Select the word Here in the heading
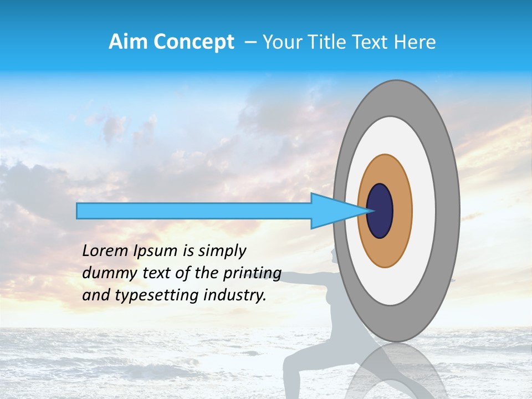(x=415, y=42)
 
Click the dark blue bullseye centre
(x=380, y=211)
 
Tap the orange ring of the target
(x=403, y=211)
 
